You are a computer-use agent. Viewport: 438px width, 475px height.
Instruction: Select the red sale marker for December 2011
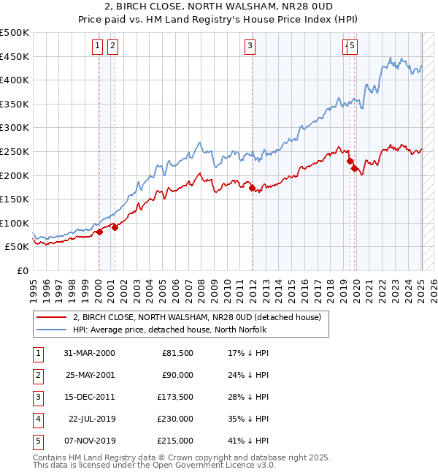click(x=252, y=188)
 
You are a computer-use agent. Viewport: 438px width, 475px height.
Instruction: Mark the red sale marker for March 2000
click(x=99, y=232)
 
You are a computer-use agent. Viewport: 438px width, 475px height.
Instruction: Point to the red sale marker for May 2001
click(x=115, y=227)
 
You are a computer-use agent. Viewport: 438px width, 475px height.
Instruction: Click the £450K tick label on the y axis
click(x=15, y=56)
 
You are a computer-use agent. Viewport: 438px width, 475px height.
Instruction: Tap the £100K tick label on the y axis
click(x=15, y=223)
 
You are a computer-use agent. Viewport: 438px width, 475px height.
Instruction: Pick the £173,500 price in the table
click(x=175, y=398)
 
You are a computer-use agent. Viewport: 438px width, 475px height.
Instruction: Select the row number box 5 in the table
click(x=37, y=441)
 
